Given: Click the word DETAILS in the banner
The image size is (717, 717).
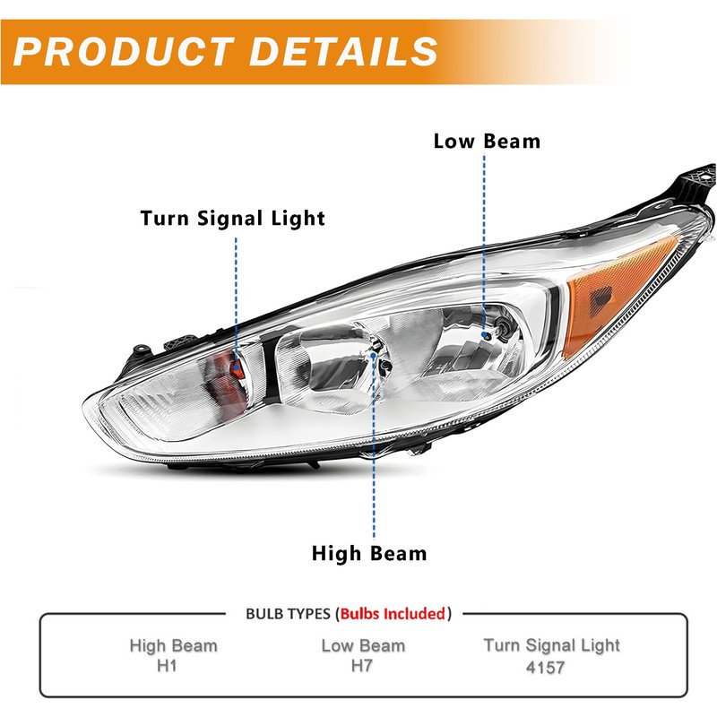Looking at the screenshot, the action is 344,51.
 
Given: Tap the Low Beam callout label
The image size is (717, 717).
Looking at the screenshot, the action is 487,141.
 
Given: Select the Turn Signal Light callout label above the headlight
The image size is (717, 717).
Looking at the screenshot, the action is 232,218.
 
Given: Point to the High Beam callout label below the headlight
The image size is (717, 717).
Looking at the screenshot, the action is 369,553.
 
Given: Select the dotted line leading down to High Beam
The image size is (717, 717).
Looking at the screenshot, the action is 373,448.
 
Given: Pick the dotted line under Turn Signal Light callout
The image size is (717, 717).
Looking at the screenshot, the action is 237,287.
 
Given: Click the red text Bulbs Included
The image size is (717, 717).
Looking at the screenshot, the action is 392,614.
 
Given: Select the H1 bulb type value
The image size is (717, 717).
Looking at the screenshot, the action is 173,666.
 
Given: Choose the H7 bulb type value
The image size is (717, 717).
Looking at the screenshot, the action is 362,666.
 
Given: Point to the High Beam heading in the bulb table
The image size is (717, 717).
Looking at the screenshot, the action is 173,645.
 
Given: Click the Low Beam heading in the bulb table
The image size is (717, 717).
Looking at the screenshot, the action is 362,645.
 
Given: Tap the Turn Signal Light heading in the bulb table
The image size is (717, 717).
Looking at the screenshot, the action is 551,645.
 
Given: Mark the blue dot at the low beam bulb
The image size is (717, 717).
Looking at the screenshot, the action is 486,333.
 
